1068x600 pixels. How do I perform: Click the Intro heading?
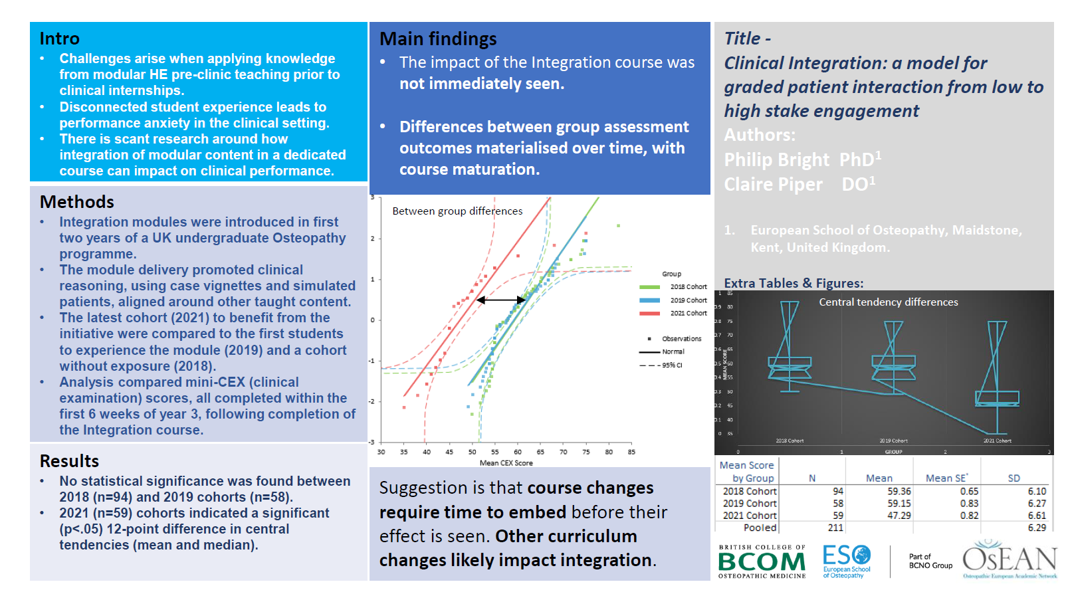point(59,39)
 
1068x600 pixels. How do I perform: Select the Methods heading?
point(76,202)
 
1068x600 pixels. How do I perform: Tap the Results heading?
point(69,461)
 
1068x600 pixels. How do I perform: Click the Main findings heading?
point(438,39)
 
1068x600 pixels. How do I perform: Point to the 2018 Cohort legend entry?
point(688,287)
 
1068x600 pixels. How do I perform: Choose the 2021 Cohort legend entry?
point(688,313)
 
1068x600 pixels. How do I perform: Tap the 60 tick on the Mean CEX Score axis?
point(518,452)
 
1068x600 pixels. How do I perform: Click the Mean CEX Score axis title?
point(506,463)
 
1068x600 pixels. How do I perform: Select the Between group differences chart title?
point(457,211)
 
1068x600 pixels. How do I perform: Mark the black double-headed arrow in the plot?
point(501,300)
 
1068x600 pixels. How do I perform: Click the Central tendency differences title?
point(888,302)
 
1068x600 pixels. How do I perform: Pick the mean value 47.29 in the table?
point(899,516)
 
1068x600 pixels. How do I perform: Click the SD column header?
point(1014,478)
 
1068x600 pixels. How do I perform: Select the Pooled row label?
point(760,528)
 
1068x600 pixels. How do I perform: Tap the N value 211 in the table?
point(835,528)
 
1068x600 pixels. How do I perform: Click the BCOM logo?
point(762,562)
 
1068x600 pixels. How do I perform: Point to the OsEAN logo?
point(1009,559)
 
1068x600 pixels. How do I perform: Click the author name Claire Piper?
point(773,185)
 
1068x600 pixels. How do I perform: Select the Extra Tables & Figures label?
point(794,283)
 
